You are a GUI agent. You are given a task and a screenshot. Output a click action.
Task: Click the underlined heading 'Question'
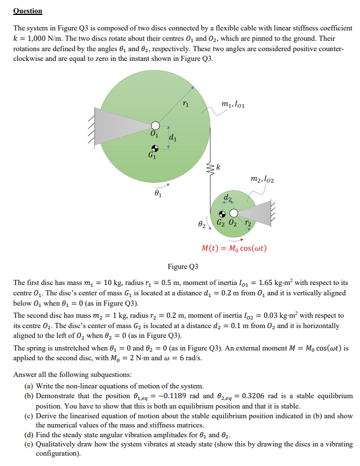28,11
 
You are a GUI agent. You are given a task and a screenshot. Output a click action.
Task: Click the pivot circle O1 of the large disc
154,125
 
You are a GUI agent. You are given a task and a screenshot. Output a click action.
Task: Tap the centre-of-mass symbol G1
154,147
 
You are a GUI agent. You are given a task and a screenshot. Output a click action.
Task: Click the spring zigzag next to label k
211,167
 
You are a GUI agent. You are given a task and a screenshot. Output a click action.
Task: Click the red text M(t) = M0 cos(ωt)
234,249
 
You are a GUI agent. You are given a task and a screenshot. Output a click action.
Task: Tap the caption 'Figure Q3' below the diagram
183,267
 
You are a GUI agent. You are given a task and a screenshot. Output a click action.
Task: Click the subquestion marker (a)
30,386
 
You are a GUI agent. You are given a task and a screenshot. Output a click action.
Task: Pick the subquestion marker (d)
30,433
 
